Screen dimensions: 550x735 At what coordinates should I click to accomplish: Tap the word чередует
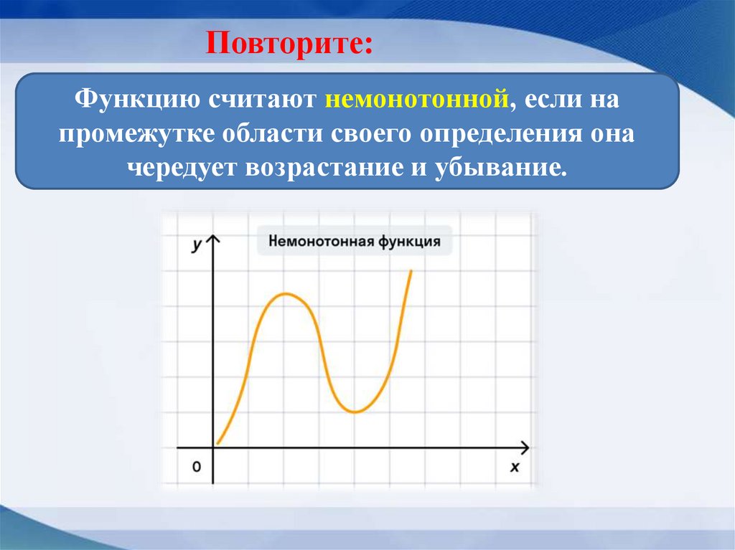185,170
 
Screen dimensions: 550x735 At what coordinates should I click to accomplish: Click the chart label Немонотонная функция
355,241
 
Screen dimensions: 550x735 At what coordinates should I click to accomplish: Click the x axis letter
514,467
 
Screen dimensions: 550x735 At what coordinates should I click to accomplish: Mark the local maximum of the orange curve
286,293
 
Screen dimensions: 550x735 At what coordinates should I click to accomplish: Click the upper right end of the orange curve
411,271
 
